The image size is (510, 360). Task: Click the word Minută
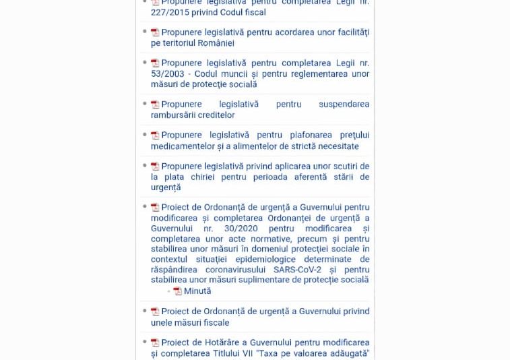point(197,291)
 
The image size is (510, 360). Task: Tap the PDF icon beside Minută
point(177,291)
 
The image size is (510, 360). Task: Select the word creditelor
point(213,115)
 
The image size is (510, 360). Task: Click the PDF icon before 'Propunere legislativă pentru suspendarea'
point(155,104)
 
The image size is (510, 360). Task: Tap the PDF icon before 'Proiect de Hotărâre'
point(155,343)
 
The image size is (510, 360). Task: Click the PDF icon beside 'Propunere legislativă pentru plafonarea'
point(155,136)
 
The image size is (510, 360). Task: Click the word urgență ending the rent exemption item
point(166,187)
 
